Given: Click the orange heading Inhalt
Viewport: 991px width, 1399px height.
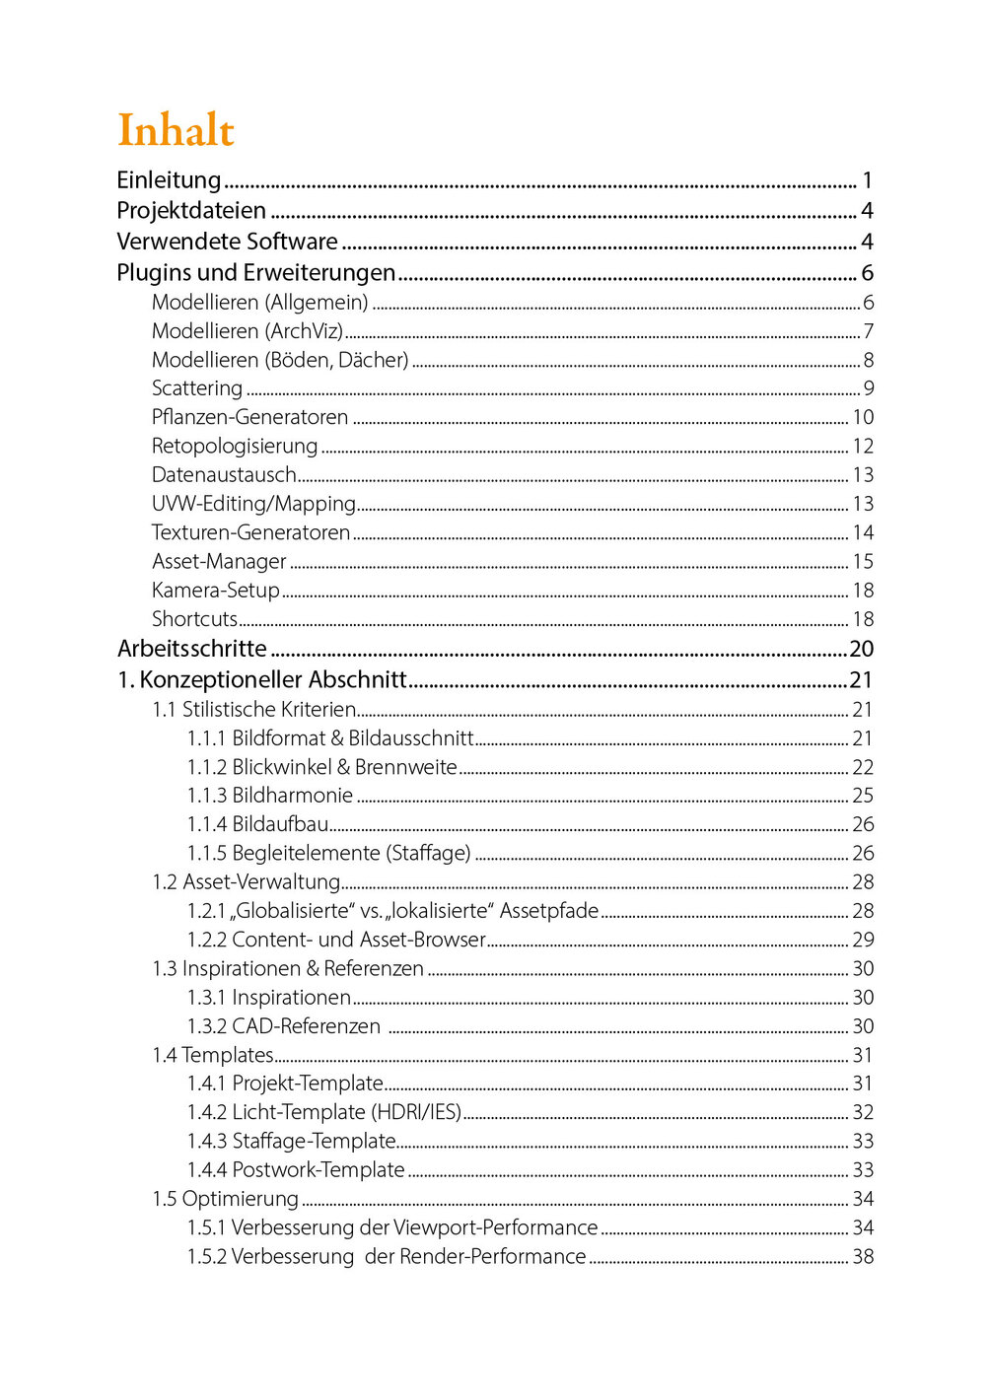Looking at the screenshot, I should coord(176,130).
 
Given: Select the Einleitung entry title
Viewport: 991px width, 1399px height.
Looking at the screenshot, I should coord(169,180).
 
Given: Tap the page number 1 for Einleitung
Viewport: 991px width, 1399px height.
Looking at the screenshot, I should coord(867,180).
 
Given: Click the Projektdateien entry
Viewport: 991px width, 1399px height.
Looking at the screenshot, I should coord(191,211).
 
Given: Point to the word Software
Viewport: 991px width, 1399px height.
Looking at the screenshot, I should coord(292,242).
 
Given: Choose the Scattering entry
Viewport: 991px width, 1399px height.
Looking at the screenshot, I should coord(197,388).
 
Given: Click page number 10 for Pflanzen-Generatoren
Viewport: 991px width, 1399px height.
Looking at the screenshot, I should coord(863,417).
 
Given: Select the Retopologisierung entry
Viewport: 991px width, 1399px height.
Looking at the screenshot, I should coord(235,447).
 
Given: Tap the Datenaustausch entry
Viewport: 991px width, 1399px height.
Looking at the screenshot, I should coord(224,475).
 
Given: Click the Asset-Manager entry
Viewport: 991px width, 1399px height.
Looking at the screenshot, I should coord(219,562).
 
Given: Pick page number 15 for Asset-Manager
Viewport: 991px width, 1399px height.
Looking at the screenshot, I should coord(863,562).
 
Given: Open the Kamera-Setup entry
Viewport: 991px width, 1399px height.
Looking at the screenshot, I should coord(216,591).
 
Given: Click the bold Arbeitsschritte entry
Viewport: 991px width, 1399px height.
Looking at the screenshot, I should coord(192,649).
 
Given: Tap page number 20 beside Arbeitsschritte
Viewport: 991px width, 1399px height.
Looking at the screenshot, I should coord(861,649).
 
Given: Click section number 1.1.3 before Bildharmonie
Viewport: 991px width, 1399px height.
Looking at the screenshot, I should coord(207,796).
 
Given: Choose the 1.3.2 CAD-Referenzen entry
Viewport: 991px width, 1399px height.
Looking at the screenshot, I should coord(284,1026).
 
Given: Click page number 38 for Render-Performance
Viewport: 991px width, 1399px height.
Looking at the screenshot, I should coord(863,1257).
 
